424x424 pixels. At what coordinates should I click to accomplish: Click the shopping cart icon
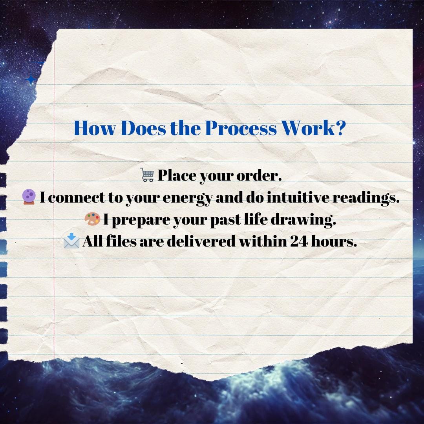pyautogui.click(x=147, y=175)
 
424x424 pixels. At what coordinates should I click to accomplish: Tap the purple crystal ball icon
pyautogui.click(x=29, y=197)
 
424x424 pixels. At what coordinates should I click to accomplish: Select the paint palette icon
pyautogui.click(x=92, y=219)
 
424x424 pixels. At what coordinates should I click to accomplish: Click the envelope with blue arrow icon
pyautogui.click(x=71, y=241)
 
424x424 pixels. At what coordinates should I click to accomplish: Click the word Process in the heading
pyautogui.click(x=241, y=128)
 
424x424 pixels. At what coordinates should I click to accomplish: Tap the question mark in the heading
pyautogui.click(x=341, y=128)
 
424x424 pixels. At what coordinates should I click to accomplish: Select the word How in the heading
pyautogui.click(x=94, y=128)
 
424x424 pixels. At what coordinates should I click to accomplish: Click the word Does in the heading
pyautogui.click(x=143, y=128)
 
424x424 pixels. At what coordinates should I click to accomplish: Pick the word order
pyautogui.click(x=259, y=175)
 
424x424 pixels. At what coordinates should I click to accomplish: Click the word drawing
pyautogui.click(x=303, y=219)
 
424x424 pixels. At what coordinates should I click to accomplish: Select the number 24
pyautogui.click(x=299, y=241)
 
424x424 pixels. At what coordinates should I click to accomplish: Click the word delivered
pyautogui.click(x=201, y=241)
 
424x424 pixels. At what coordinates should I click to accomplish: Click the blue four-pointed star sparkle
pyautogui.click(x=31, y=79)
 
